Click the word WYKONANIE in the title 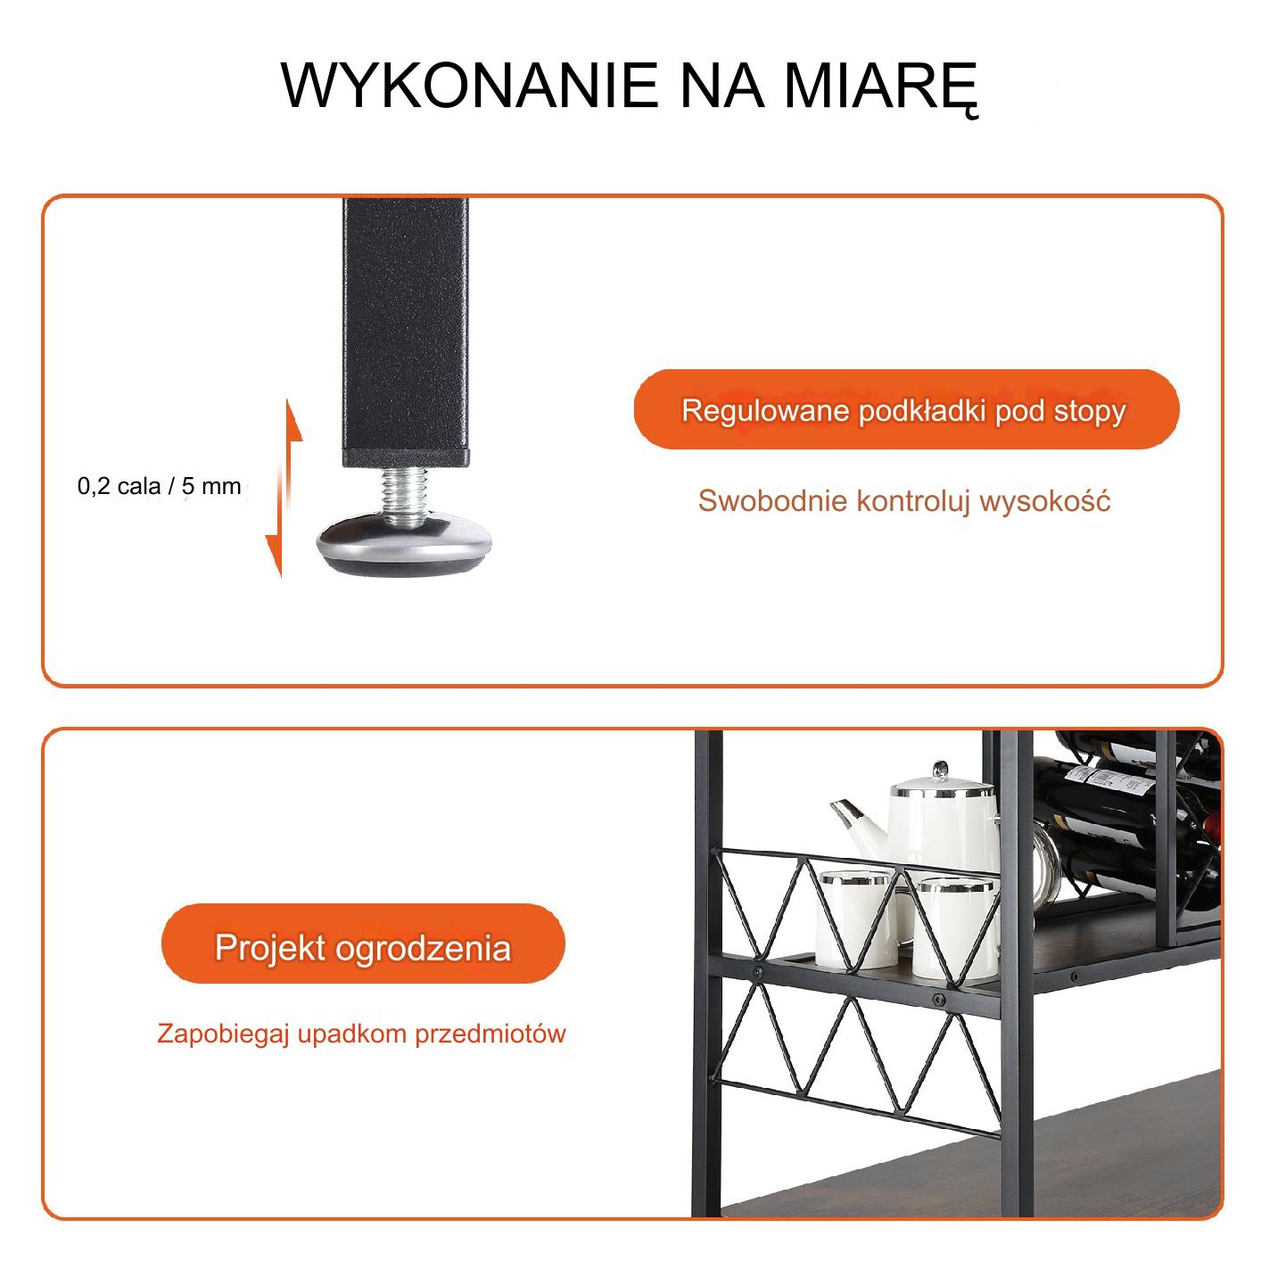(x=469, y=85)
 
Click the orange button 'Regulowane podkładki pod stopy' (x=905, y=409)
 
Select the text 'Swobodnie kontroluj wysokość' (x=903, y=500)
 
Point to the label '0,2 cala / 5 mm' (x=159, y=485)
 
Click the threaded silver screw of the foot (x=404, y=498)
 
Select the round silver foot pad (x=404, y=545)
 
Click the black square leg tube (x=405, y=333)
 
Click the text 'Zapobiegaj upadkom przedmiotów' (x=361, y=1034)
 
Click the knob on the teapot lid (x=940, y=770)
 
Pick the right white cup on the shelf (x=955, y=928)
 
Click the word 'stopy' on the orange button (x=1090, y=412)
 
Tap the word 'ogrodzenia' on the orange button (x=423, y=948)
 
